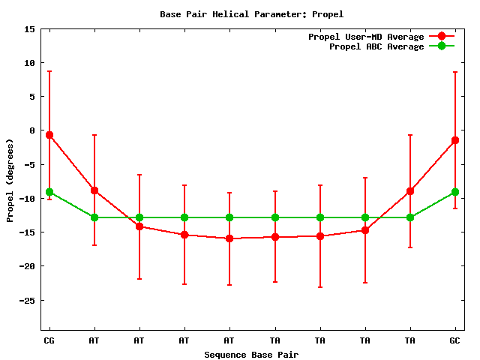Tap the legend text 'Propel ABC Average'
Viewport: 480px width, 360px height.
tap(376, 46)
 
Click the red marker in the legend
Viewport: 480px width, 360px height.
tap(442, 37)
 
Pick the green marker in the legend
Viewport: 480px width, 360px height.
tap(442, 46)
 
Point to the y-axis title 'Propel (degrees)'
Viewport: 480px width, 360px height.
tap(10, 180)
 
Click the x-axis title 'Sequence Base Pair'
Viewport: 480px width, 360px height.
tap(252, 354)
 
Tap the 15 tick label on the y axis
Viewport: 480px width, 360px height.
tap(29, 29)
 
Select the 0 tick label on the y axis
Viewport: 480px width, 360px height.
tap(32, 130)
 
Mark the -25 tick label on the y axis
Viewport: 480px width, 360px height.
tap(27, 300)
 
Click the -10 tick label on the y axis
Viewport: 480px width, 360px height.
tap(27, 199)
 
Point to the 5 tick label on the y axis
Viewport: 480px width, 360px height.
tap(32, 97)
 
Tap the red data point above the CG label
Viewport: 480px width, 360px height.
tap(49, 135)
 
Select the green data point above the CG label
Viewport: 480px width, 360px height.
tap(49, 192)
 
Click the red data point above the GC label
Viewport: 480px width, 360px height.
tap(455, 140)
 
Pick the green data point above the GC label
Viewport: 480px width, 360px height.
tap(455, 192)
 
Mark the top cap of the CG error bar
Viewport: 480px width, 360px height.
tap(49, 71)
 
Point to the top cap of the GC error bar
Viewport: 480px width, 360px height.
tap(455, 72)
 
